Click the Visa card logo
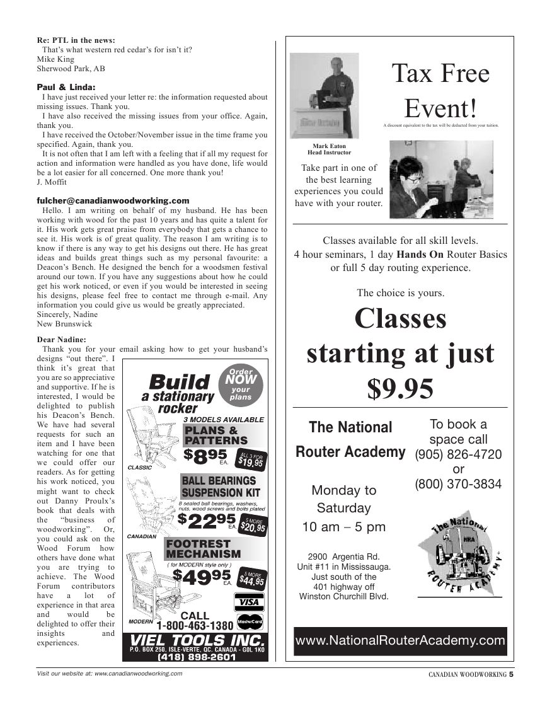point(249,602)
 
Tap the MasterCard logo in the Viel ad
point(250,622)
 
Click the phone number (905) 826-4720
point(458,454)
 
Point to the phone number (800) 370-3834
point(458,484)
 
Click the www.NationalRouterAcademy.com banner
point(400,641)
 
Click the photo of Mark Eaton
point(324,95)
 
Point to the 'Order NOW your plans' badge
point(240,384)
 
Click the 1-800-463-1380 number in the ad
point(195,626)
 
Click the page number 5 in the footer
point(511,674)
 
